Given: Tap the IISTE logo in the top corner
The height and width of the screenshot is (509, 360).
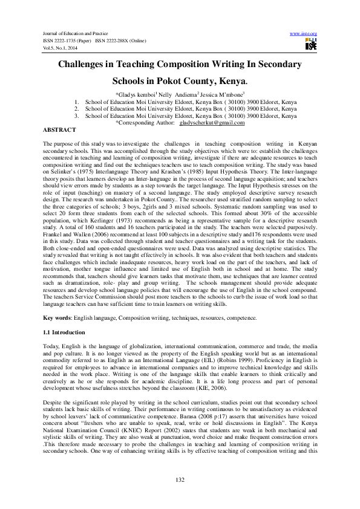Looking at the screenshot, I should click(x=310, y=44).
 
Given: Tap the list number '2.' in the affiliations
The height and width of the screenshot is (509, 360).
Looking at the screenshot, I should click(x=76, y=109).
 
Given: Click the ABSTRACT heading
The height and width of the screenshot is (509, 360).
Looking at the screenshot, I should click(x=59, y=130).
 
